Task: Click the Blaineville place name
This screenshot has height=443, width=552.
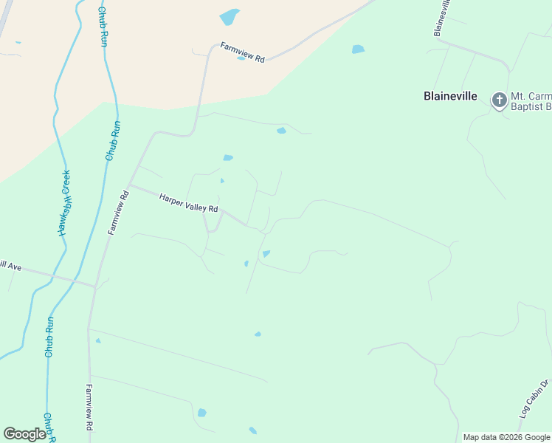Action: (450, 96)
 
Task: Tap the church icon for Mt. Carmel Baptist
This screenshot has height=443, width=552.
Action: (500, 100)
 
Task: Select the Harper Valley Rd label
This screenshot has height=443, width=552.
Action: (189, 203)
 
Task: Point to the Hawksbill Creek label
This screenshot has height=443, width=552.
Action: (64, 203)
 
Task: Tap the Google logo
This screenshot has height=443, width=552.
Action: (25, 434)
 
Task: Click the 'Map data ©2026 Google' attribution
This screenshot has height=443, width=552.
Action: (506, 437)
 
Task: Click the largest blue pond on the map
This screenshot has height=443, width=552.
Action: (230, 17)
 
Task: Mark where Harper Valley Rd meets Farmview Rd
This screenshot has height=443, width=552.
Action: (129, 185)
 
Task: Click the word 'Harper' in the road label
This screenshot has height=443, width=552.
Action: (170, 198)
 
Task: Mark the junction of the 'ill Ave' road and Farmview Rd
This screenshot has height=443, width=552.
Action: (95, 286)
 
